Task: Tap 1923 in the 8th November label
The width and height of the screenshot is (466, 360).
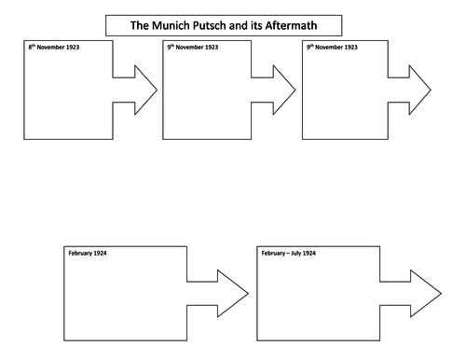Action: (x=74, y=47)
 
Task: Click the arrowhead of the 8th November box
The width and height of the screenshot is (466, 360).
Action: (x=144, y=90)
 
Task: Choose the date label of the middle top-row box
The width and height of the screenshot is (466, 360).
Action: (x=193, y=47)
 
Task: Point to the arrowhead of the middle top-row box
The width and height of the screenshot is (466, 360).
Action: (x=283, y=90)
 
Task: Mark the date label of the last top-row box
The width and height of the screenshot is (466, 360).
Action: (x=333, y=47)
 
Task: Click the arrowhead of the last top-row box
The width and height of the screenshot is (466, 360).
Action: (x=419, y=90)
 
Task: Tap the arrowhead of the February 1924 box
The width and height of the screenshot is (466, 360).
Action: (x=233, y=295)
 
